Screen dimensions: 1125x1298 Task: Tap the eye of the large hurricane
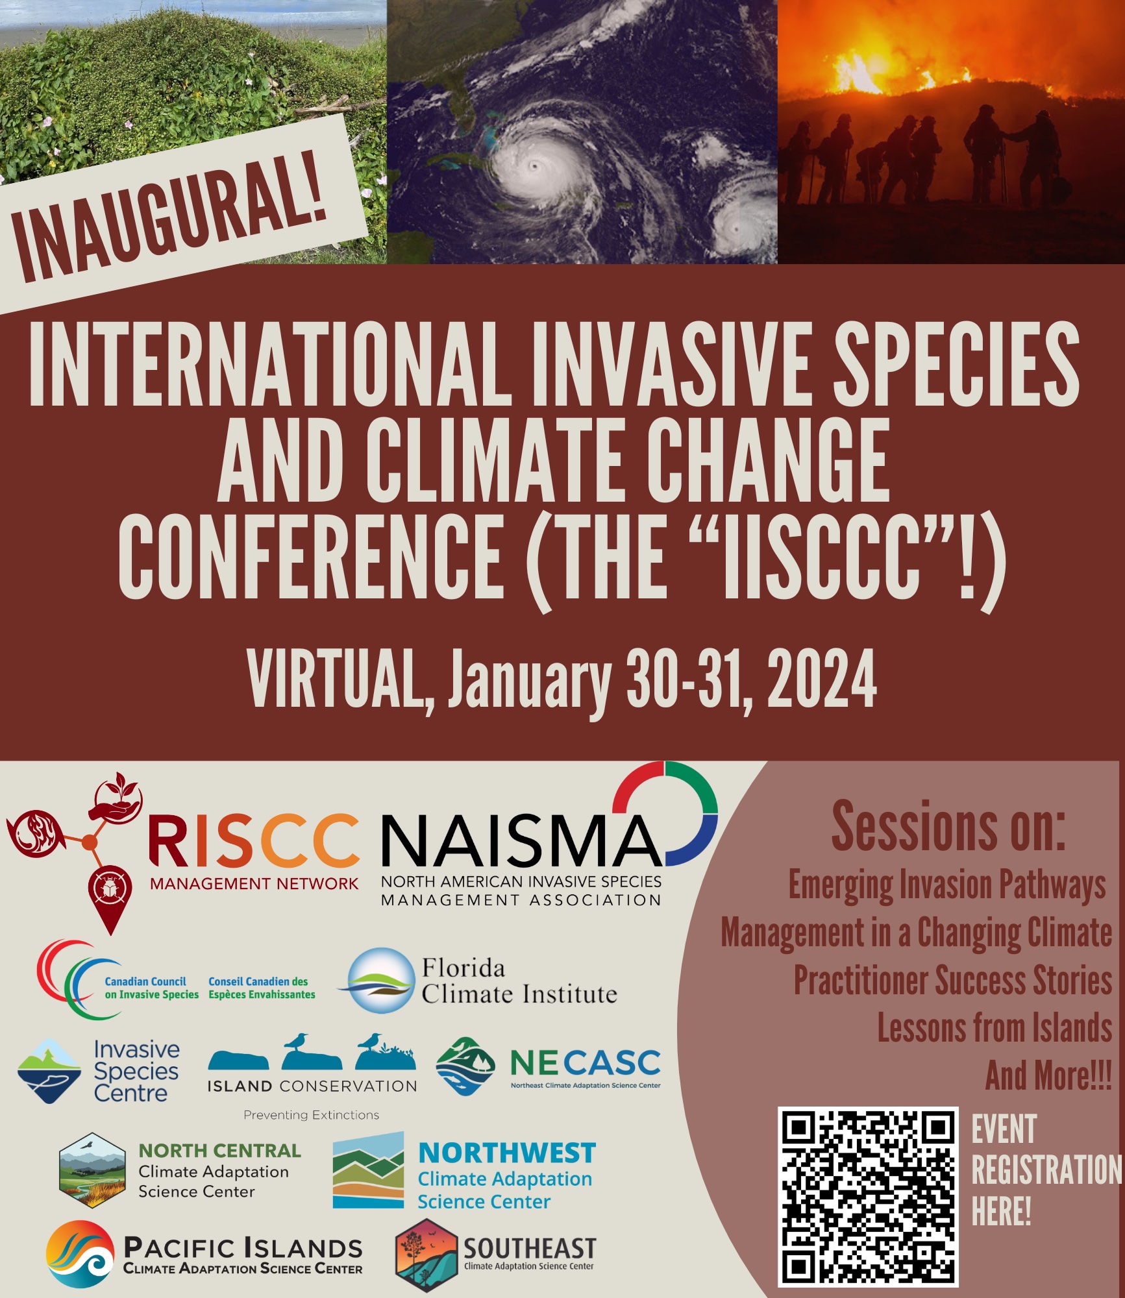click(x=534, y=166)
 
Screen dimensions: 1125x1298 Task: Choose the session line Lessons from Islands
click(x=995, y=1029)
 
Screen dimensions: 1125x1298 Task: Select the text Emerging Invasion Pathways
click(x=947, y=885)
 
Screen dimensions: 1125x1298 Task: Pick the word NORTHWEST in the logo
click(x=507, y=1153)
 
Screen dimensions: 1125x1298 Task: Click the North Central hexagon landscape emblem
click(x=92, y=1170)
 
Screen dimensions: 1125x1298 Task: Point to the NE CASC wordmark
click(x=585, y=1063)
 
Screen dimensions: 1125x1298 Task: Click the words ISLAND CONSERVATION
click(x=312, y=1086)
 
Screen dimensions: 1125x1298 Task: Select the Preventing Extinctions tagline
click(x=311, y=1115)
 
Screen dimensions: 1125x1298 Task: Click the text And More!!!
click(x=1048, y=1076)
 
